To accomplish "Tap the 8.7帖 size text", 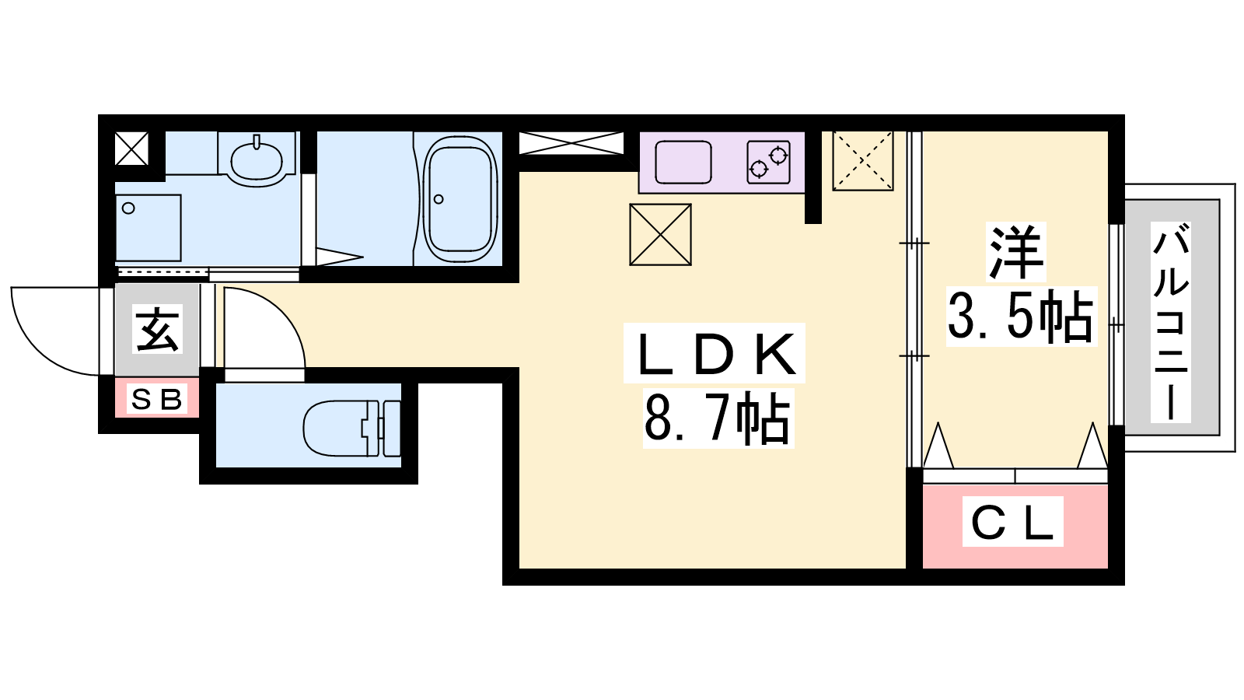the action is click(717, 418).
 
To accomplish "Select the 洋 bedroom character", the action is click(1015, 252).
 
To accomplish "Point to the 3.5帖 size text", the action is click(1021, 316).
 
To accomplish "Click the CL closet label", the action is click(1012, 522).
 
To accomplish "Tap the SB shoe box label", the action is click(156, 399).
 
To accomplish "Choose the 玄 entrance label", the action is click(158, 329).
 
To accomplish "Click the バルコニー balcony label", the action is click(1170, 322).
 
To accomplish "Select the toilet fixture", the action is click(352, 429).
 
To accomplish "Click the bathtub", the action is click(460, 199).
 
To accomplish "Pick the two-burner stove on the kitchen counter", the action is click(769, 162).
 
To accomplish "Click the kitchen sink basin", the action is click(683, 162).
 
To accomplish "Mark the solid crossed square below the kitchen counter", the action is click(660, 234).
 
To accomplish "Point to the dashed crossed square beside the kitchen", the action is click(862, 161).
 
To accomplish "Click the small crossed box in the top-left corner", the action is click(131, 149).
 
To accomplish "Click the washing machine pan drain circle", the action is click(128, 208).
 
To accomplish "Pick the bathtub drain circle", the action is click(439, 199).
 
